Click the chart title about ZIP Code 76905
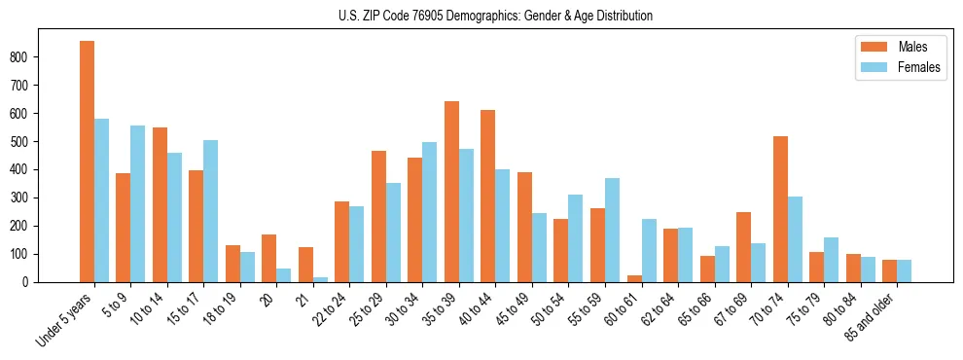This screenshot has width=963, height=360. point(481,16)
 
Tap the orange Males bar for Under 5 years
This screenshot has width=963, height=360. point(87,162)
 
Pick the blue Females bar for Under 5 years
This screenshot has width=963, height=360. point(101,200)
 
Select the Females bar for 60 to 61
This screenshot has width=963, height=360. point(649,250)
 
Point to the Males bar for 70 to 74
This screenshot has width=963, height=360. point(780,209)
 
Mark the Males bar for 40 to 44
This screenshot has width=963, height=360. point(488,196)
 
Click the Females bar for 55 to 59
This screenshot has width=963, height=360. point(612,230)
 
